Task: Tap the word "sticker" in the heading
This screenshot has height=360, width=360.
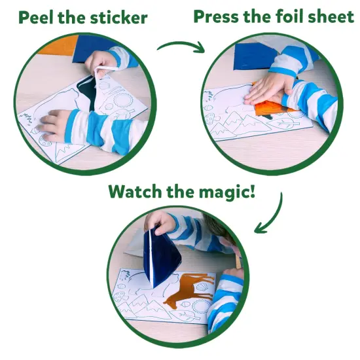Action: [x=118, y=17]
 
